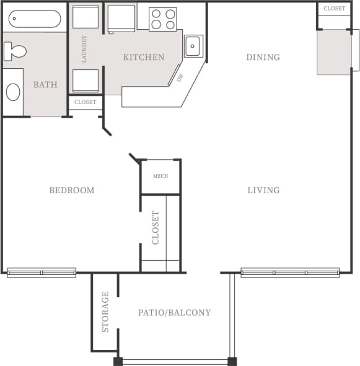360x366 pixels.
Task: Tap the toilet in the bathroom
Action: [x=14, y=51]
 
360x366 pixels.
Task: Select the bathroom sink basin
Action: [x=13, y=92]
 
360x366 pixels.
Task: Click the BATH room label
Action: [x=45, y=85]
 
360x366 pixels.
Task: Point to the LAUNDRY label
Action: [x=84, y=49]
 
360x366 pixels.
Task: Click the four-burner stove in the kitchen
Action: [x=162, y=19]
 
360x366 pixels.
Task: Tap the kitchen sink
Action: [x=193, y=45]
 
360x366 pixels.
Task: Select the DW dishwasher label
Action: [x=180, y=79]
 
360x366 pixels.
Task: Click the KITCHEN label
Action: [x=143, y=58]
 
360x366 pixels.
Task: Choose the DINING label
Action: [x=263, y=58]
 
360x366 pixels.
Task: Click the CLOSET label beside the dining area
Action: [x=335, y=9]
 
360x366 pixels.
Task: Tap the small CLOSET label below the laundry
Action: [x=85, y=102]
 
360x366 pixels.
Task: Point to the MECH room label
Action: [x=160, y=176]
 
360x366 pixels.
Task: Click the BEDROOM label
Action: [x=72, y=190]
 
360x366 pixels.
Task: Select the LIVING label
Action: [x=263, y=190]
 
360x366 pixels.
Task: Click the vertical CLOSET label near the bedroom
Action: [x=156, y=227]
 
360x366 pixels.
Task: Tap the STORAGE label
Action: [x=105, y=312]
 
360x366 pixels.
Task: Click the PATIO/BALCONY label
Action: [x=174, y=313]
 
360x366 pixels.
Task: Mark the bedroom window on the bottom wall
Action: [x=42, y=272]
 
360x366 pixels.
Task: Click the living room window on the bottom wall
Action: [x=290, y=272]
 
